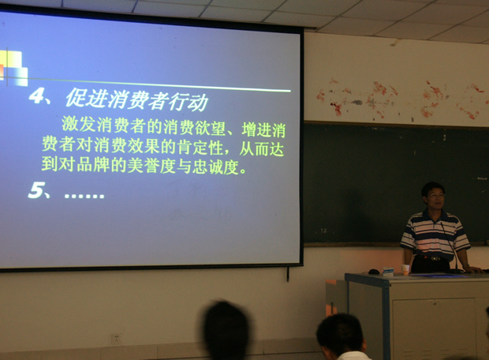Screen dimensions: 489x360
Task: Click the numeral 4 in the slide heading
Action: (36, 96)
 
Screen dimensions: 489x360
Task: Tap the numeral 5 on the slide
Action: (35, 189)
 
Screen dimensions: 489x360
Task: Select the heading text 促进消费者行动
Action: (136, 99)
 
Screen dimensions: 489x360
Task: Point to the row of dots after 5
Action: (84, 196)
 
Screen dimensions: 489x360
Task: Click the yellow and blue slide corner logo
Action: (14, 68)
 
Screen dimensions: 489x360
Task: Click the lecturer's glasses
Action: (436, 196)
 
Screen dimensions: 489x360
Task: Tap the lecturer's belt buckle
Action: (434, 258)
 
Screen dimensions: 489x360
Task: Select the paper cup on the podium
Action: (405, 269)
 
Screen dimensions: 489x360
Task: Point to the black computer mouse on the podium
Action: (374, 272)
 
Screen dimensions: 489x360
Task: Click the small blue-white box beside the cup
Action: (388, 271)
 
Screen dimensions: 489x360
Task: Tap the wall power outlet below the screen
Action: (116, 339)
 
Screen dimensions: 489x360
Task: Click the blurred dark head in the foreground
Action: (226, 329)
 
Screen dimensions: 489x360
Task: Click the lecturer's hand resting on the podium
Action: (474, 269)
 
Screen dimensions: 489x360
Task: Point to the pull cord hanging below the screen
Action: (288, 273)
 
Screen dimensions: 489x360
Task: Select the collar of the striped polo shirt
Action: (434, 216)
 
